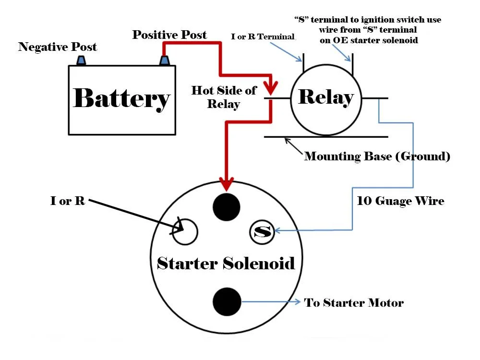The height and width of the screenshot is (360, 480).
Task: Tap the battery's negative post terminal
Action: point(81,60)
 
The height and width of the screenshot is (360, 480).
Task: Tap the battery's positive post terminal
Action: point(164,60)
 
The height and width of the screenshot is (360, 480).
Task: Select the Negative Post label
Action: point(58,47)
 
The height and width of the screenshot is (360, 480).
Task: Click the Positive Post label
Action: point(169,35)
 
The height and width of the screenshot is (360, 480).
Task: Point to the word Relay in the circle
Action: point(326,97)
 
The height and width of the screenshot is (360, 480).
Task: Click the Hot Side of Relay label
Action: point(224,97)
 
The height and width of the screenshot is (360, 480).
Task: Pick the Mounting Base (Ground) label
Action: point(377,156)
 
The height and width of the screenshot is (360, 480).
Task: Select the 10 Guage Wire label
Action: point(400,201)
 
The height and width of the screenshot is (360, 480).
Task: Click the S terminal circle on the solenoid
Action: point(262,232)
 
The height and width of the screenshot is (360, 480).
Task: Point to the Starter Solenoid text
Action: point(226,264)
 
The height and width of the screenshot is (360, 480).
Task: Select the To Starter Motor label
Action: point(354,303)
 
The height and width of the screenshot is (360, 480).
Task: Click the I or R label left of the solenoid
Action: point(68,201)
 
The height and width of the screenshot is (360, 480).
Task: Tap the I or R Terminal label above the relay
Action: point(263,37)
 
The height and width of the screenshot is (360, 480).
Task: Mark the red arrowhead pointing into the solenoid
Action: point(226,183)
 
